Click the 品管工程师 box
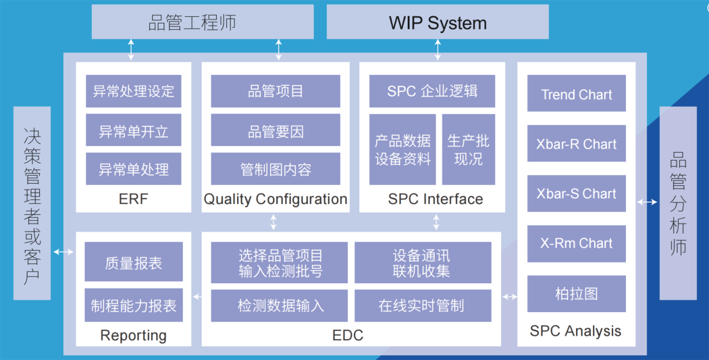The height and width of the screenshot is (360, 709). point(203,22)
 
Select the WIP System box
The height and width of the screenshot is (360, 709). point(438,22)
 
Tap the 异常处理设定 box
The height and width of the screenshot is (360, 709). point(134,91)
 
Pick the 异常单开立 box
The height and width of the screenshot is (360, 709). point(134,130)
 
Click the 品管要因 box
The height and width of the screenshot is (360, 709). point(275,130)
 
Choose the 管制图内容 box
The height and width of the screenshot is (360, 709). point(275,169)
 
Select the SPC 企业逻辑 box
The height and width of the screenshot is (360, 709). point(432,91)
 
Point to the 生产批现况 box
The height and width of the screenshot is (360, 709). point(468,150)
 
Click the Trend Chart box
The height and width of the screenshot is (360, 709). point(577,95)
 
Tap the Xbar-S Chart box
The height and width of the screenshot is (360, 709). point(577,194)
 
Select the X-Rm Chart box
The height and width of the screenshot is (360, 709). point(577,244)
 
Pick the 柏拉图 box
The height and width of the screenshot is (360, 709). point(577,294)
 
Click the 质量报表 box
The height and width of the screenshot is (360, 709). point(134,262)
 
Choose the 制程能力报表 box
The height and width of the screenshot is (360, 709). point(134,305)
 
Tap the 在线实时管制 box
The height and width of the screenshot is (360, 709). point(422,305)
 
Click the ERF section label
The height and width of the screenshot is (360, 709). point(133,199)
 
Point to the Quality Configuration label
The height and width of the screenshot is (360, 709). point(275,199)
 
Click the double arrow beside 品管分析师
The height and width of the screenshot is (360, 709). point(648,201)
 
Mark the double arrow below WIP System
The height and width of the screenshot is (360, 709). point(438,49)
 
